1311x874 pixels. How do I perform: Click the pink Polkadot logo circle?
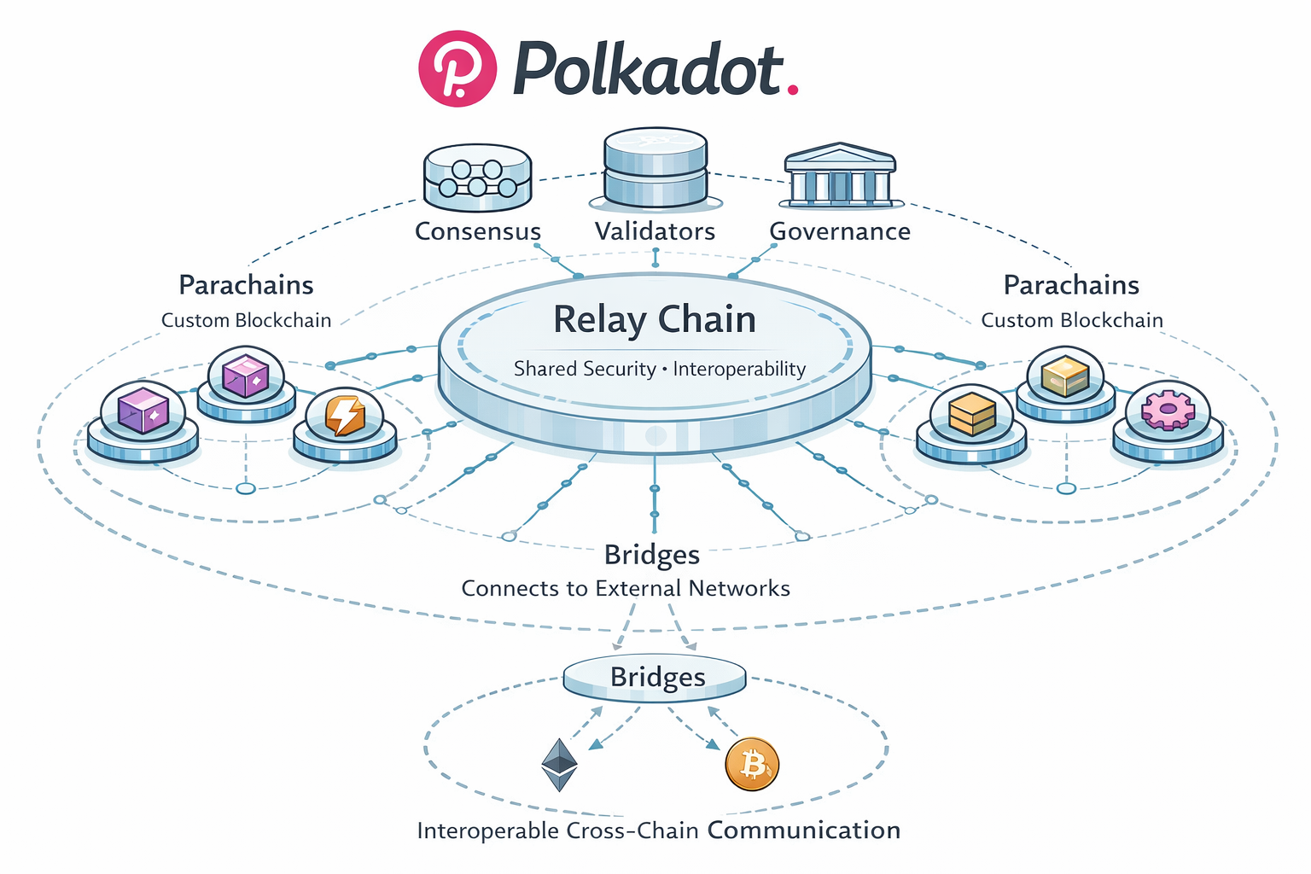click(457, 68)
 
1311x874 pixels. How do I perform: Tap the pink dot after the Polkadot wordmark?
click(793, 88)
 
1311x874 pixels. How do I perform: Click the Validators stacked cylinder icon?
click(655, 168)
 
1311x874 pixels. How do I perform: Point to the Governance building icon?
click(840, 176)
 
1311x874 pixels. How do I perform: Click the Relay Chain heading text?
click(655, 320)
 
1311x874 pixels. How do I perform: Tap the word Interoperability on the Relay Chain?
click(739, 369)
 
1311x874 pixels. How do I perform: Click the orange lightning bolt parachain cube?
click(345, 415)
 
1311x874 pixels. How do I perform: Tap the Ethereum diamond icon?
click(560, 765)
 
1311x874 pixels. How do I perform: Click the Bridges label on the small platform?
click(657, 677)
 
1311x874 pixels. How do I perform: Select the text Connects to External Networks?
click(626, 588)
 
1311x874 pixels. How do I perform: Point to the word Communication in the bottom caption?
click(804, 830)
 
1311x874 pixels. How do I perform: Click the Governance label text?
click(840, 231)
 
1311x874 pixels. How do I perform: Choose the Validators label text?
click(655, 231)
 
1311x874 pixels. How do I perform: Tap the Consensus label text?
click(478, 231)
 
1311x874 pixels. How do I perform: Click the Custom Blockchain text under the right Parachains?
click(1072, 320)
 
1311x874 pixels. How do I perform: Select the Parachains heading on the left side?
click(246, 285)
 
